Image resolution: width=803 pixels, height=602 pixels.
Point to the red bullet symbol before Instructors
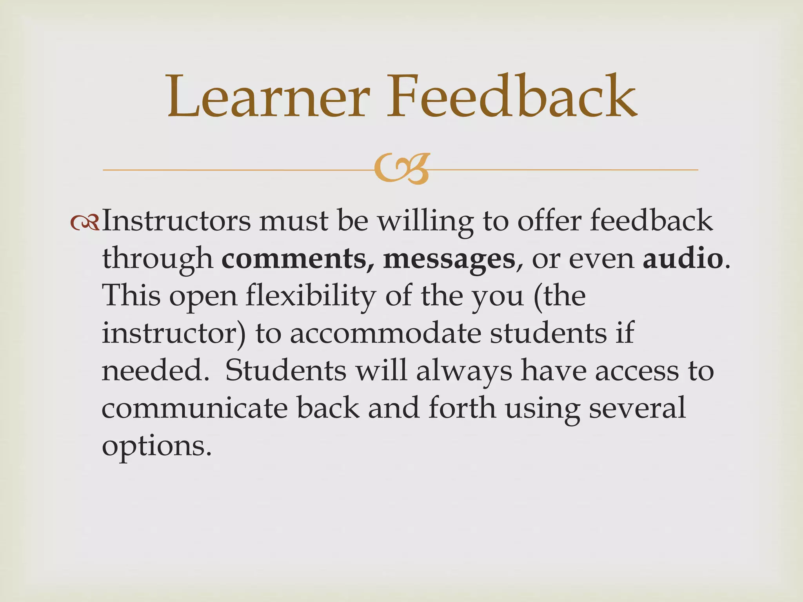85,223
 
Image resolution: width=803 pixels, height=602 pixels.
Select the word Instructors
176,221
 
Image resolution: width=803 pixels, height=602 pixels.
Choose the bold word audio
683,259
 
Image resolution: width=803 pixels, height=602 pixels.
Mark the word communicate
194,408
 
